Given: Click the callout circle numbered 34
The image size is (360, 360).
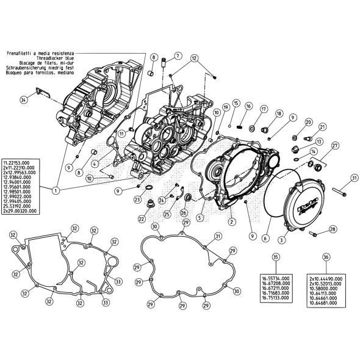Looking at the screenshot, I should pyautogui.click(x=24, y=99).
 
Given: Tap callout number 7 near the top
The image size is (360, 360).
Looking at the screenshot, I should pyautogui.click(x=178, y=56).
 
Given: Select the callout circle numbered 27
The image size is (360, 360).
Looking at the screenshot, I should pyautogui.click(x=335, y=145).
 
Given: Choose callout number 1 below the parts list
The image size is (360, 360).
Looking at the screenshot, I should pyautogui.click(x=56, y=191).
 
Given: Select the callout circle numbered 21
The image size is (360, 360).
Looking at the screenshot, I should pyautogui.click(x=323, y=127).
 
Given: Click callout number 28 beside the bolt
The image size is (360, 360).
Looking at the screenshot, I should pyautogui.click(x=333, y=229).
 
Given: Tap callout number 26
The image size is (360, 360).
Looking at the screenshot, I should pyautogui.click(x=184, y=212).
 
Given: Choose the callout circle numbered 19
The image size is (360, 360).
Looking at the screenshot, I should pyautogui.click(x=225, y=107).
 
